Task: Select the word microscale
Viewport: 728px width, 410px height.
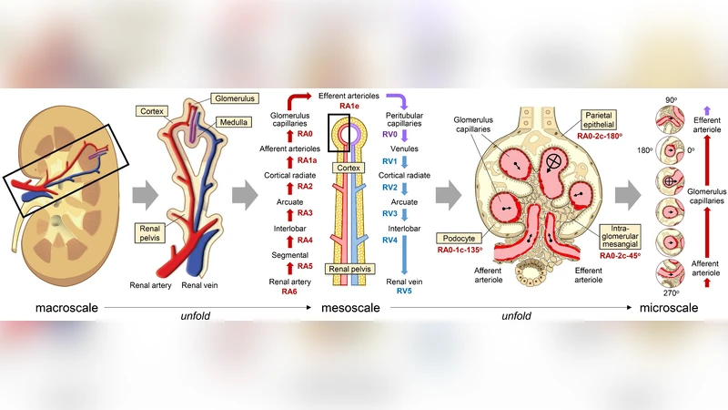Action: click(669, 309)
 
